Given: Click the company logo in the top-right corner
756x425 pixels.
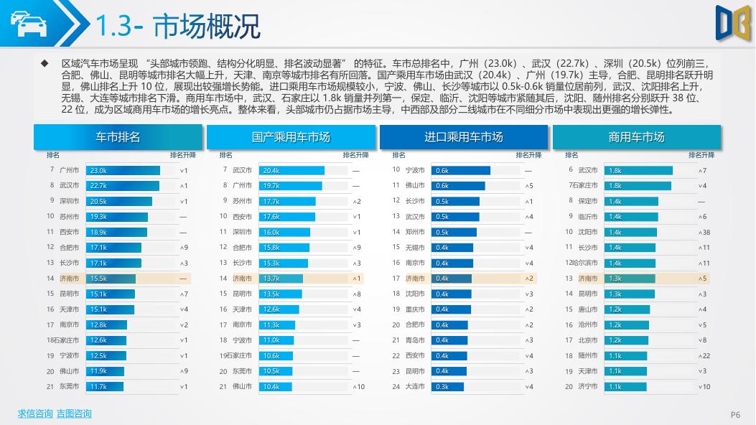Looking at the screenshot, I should tap(732, 21).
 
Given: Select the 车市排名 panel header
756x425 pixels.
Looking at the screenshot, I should tap(118, 136).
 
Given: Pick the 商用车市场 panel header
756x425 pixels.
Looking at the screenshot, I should tap(636, 136).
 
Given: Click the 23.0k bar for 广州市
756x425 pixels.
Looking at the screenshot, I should tap(123, 170).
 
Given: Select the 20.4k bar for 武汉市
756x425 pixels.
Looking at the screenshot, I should tap(291, 170).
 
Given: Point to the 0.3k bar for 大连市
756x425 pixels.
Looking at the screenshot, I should tap(447, 386).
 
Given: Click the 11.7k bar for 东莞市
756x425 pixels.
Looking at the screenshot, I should tap(104, 386).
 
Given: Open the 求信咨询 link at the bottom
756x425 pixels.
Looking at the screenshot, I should tap(35, 414).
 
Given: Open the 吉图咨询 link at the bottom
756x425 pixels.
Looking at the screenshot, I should tap(74, 414).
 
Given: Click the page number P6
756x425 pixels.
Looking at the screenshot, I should tap(735, 414).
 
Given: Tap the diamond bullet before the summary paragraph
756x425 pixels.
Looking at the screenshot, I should tap(45, 63).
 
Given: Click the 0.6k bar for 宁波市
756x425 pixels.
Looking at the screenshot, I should tap(461, 170).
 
